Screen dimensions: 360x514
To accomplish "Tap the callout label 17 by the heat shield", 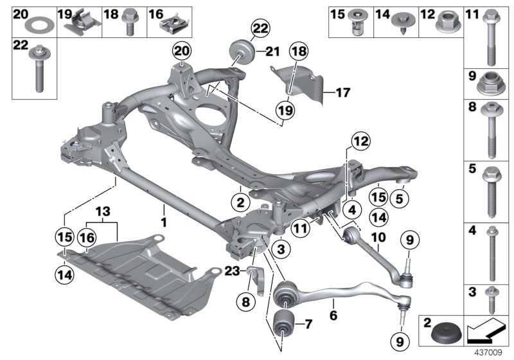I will [x=343, y=93].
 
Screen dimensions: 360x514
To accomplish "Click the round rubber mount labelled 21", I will [x=240, y=51].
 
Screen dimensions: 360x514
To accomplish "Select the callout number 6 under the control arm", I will [x=333, y=315].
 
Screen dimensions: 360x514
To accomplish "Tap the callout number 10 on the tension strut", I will [x=377, y=237].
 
